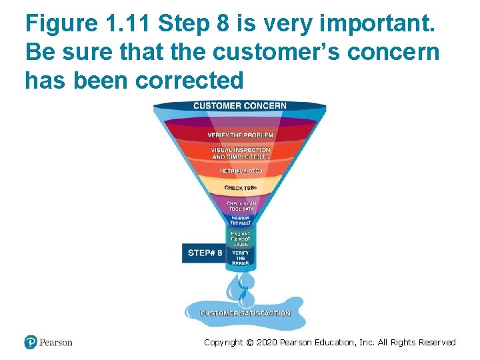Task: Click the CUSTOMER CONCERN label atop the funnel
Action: coord(239,105)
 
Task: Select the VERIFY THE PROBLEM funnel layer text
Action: coord(240,135)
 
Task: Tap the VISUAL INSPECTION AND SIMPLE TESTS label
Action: coord(241,153)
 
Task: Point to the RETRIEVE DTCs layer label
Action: coord(241,171)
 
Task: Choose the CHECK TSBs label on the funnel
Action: coord(240,188)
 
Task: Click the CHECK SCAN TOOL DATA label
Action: coord(240,206)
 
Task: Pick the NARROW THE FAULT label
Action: coord(240,220)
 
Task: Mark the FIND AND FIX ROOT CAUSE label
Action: coord(240,239)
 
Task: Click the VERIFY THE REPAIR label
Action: coord(240,258)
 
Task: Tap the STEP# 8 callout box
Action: coord(205,253)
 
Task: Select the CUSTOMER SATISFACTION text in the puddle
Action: coord(245,313)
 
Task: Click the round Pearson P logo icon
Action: coord(31,342)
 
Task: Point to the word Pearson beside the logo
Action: coord(55,343)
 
